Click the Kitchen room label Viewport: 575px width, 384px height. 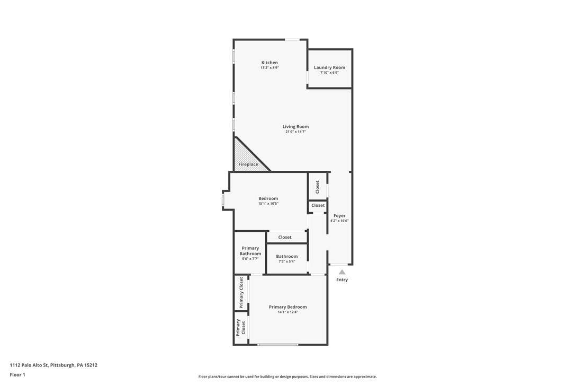(x=269, y=63)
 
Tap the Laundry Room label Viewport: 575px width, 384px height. (x=329, y=67)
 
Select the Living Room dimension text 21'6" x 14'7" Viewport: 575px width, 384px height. (x=295, y=132)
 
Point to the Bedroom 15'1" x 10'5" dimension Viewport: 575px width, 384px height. (x=268, y=204)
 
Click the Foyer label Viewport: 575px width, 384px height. (x=339, y=216)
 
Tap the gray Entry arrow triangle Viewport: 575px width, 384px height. (x=342, y=272)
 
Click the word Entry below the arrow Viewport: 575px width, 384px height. (x=342, y=280)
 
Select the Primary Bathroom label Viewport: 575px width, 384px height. (x=250, y=251)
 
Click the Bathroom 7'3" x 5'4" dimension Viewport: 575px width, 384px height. (x=287, y=261)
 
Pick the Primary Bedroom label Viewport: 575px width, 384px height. (x=288, y=307)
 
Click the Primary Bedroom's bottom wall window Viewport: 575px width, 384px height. (x=277, y=344)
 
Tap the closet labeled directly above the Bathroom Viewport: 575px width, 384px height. (x=285, y=238)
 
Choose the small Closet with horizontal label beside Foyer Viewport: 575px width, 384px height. (x=318, y=205)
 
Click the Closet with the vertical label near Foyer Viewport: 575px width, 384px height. (x=318, y=187)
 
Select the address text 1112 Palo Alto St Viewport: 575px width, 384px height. (x=29, y=365)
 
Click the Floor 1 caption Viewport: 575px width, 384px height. (x=17, y=375)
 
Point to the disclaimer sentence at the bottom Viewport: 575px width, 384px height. (x=287, y=377)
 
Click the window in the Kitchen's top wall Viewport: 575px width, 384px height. (x=292, y=39)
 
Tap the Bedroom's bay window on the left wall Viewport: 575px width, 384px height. (x=222, y=200)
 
